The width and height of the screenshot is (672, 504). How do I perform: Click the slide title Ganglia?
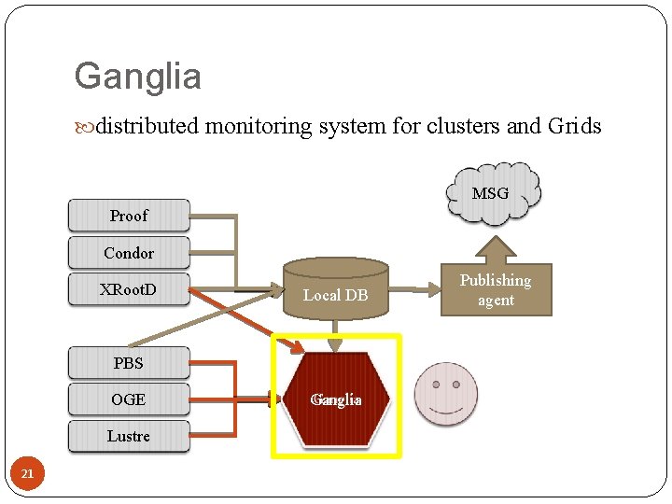click(x=137, y=77)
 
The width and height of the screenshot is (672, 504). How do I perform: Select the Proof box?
click(x=129, y=216)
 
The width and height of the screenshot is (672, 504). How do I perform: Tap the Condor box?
click(x=129, y=253)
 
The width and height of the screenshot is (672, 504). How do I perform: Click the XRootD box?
click(x=129, y=289)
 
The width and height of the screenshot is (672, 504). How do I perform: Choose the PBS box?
click(x=129, y=363)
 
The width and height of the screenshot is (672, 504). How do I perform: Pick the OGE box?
click(x=129, y=399)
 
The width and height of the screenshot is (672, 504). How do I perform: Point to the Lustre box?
click(x=129, y=436)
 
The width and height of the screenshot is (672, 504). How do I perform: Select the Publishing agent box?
click(x=496, y=289)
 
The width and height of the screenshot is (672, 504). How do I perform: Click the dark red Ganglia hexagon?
click(x=336, y=399)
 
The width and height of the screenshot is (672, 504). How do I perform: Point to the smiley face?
click(x=446, y=394)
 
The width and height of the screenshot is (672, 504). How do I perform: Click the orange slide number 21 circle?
click(x=27, y=474)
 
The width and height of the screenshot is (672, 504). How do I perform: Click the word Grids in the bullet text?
click(x=574, y=126)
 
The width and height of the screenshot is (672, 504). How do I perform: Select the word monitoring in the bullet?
click(x=258, y=126)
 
